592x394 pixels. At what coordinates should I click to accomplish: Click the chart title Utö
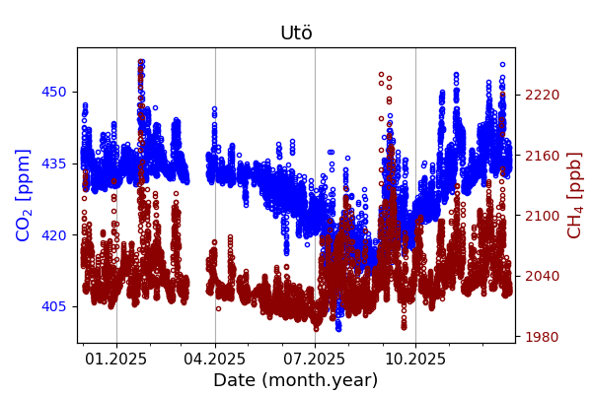(x=296, y=33)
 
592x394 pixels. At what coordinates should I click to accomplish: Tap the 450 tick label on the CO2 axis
(x=55, y=92)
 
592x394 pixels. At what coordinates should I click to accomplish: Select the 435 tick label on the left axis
(x=55, y=164)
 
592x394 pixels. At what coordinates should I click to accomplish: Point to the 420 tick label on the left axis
(x=55, y=234)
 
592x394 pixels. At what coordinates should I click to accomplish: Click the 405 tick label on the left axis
(x=55, y=306)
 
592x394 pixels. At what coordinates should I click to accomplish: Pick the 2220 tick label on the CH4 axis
(x=541, y=95)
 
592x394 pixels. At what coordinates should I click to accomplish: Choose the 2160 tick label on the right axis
(x=541, y=156)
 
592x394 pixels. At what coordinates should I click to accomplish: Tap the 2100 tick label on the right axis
(x=541, y=216)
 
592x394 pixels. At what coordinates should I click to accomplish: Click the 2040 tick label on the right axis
(x=541, y=277)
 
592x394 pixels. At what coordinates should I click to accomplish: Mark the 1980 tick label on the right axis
(x=541, y=337)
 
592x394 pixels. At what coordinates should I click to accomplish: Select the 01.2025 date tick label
(x=116, y=359)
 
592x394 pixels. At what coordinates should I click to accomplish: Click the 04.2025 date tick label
(x=215, y=359)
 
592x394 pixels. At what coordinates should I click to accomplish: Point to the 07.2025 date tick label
(x=315, y=359)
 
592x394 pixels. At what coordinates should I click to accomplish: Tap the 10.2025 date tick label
(x=414, y=359)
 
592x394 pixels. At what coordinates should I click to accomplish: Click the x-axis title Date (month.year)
(x=296, y=380)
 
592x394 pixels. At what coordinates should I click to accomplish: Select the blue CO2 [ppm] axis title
(x=24, y=195)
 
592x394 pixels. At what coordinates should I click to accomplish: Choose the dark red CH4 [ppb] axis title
(x=575, y=195)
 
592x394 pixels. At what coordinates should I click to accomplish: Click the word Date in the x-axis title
(x=234, y=380)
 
